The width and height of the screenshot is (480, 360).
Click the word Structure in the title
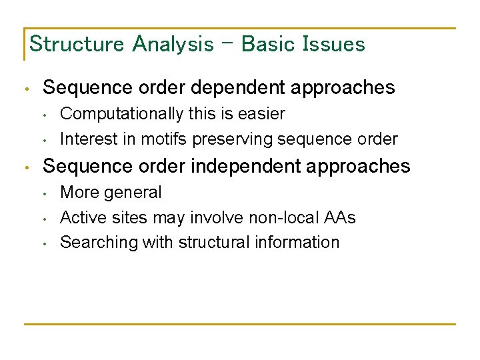(x=77, y=45)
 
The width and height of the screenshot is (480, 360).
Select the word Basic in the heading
(x=269, y=45)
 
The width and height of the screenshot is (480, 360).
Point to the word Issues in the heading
(x=334, y=45)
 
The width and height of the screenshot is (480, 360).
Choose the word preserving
(x=231, y=139)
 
